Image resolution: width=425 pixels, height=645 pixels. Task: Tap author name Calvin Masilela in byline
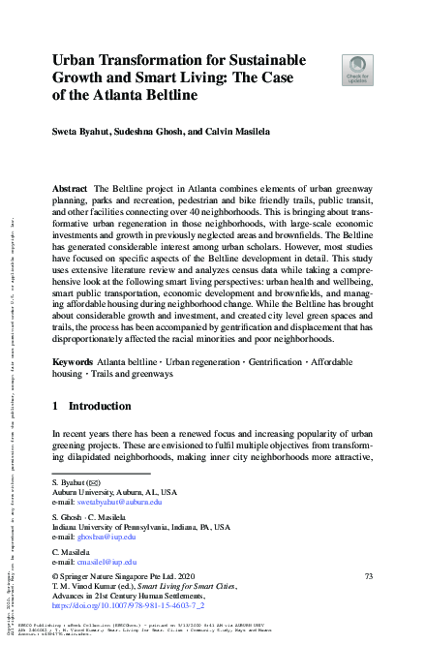coord(243,130)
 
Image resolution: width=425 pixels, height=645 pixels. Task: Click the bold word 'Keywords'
coord(75,360)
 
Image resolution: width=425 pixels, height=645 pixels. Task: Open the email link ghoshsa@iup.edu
coord(108,537)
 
